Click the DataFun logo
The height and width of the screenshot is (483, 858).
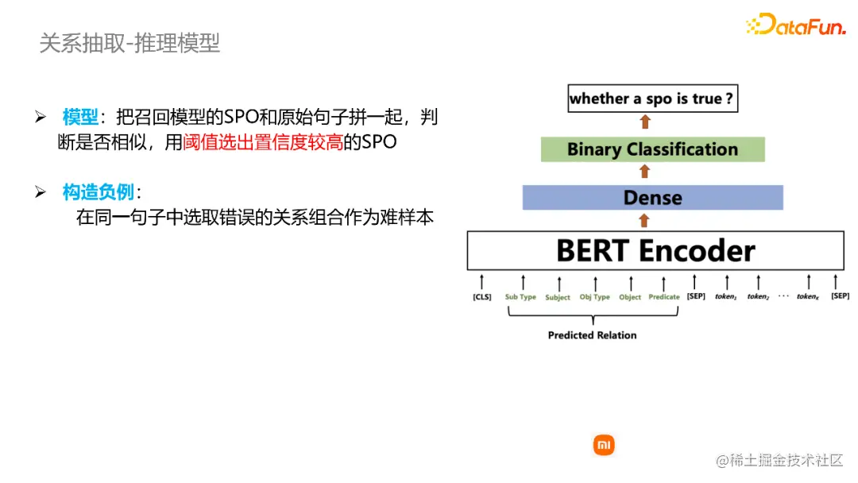point(795,25)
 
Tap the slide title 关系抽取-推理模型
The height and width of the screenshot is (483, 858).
point(129,43)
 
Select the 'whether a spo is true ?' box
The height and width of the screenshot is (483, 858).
point(651,99)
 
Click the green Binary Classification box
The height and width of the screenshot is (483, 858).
point(652,149)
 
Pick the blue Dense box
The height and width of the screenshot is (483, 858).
point(652,198)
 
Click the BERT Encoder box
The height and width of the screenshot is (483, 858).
point(655,251)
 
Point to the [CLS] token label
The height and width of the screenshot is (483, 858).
point(481,297)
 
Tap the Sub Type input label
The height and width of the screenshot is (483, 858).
point(520,297)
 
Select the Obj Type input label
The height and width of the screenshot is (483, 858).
point(594,297)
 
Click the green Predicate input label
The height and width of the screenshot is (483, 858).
point(664,297)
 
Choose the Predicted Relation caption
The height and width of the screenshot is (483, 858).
point(592,335)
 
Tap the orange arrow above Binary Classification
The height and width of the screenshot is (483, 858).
point(644,122)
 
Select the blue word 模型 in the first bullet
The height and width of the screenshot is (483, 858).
point(79,118)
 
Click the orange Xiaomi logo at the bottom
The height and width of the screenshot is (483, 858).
point(604,445)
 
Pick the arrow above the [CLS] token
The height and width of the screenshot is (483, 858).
point(481,281)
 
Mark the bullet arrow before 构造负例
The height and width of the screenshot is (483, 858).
point(41,192)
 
